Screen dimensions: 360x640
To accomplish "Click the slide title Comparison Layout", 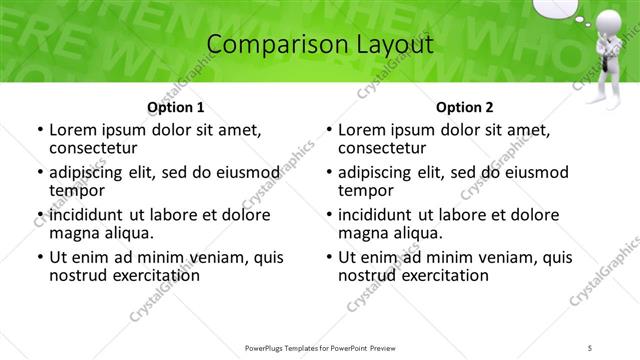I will point(319,45).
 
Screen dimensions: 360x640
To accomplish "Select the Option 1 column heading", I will point(175,107).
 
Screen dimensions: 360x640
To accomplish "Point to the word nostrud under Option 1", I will point(80,274).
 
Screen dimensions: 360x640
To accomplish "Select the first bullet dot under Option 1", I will point(39,131).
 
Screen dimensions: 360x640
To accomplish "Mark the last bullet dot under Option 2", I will point(329,257).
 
